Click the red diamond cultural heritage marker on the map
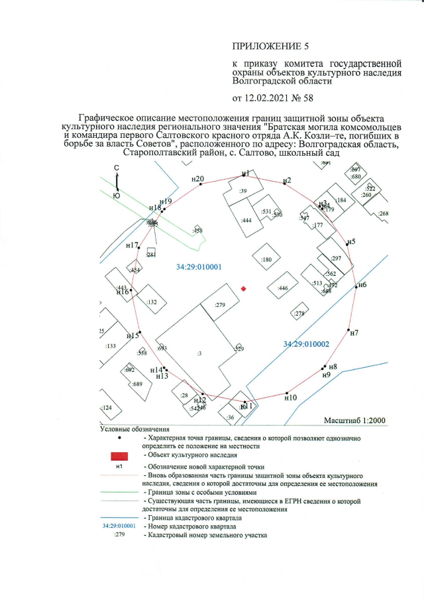pyautogui.click(x=244, y=288)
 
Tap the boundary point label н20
pyautogui.click(x=197, y=178)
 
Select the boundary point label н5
pyautogui.click(x=352, y=241)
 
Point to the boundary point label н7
pyautogui.click(x=354, y=332)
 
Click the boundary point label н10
pyautogui.click(x=290, y=398)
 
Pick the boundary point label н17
pyautogui.click(x=132, y=245)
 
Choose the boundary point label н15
pyautogui.click(x=132, y=335)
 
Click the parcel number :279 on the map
pyautogui.click(x=221, y=305)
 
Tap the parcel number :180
pyautogui.click(x=267, y=260)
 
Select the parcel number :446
pyautogui.click(x=284, y=288)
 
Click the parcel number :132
pyautogui.click(x=152, y=302)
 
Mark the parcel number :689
pyautogui.click(x=137, y=385)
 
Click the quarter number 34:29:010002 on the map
pyautogui.click(x=306, y=344)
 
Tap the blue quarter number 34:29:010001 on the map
pyautogui.click(x=198, y=267)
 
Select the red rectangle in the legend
pyautogui.click(x=119, y=456)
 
